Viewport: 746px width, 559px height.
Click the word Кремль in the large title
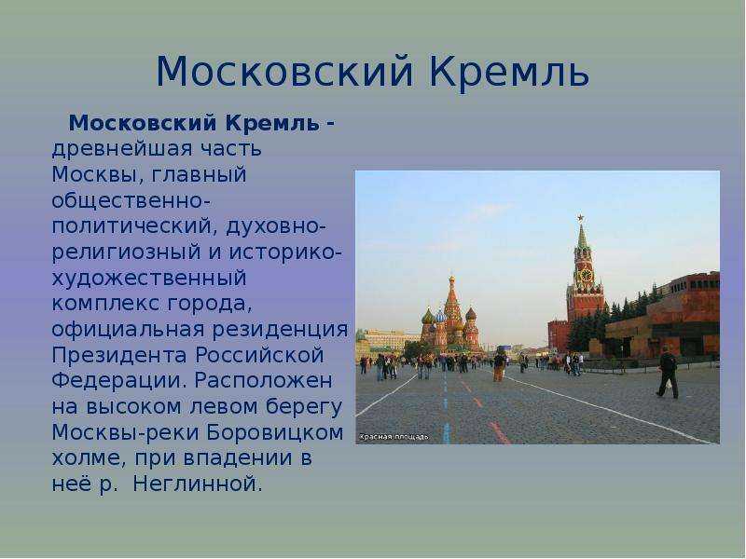[x=509, y=73]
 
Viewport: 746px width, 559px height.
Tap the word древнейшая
[x=123, y=149]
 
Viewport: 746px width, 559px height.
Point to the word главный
[x=199, y=174]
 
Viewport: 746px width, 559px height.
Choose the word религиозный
[x=126, y=252]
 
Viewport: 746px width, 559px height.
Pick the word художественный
[x=149, y=278]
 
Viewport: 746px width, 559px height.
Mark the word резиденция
[x=280, y=330]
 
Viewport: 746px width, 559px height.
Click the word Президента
[x=119, y=355]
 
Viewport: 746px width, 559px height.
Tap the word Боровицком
[x=275, y=432]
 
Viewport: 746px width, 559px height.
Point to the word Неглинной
[x=198, y=484]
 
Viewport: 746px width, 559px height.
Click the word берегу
[x=304, y=407]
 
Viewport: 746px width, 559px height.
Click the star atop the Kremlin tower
[x=580, y=218]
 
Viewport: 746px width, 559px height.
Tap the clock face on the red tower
[x=586, y=275]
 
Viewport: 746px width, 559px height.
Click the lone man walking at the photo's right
[x=668, y=372]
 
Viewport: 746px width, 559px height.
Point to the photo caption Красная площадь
[x=394, y=437]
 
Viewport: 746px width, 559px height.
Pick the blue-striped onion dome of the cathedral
[x=440, y=317]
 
